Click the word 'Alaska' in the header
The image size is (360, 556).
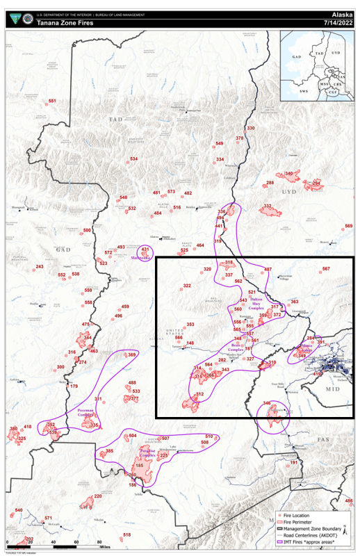click(x=343, y=13)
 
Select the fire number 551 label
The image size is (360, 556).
click(x=52, y=101)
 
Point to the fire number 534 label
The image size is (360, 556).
click(x=133, y=159)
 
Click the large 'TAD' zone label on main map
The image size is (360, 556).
click(x=115, y=120)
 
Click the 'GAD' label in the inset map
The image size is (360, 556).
click(x=296, y=55)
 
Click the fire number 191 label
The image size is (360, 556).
click(x=295, y=462)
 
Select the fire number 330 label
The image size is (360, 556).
click(x=251, y=129)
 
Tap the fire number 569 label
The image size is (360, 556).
click(x=349, y=226)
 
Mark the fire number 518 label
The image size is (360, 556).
click(x=126, y=534)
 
